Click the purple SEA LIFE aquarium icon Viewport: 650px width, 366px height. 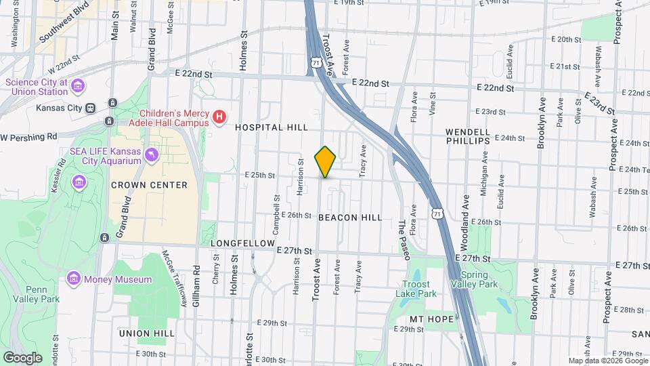pos(152,156)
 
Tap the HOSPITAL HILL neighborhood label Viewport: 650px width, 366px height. pos(272,127)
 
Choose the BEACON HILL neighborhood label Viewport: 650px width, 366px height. pos(350,218)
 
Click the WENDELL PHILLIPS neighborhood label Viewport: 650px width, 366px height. pos(468,136)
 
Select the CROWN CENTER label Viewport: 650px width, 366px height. pos(148,185)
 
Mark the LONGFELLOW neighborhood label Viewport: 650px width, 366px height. pos(242,243)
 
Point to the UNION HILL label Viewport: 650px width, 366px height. pos(147,333)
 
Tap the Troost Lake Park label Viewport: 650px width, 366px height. pos(416,289)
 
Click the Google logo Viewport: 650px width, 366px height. pos(22,357)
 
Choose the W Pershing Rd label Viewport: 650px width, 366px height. pos(28,137)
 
